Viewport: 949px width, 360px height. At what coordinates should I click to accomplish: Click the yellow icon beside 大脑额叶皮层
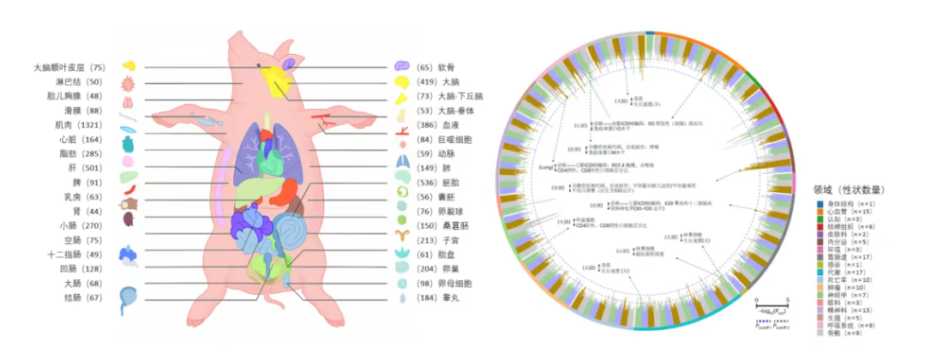129,66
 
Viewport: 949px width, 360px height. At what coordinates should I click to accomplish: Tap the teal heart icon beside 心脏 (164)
129,140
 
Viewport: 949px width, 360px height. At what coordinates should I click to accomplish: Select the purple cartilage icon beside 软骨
401,66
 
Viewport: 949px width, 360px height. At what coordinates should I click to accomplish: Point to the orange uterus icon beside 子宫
401,234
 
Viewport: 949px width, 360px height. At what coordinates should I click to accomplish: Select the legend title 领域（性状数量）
849,189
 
